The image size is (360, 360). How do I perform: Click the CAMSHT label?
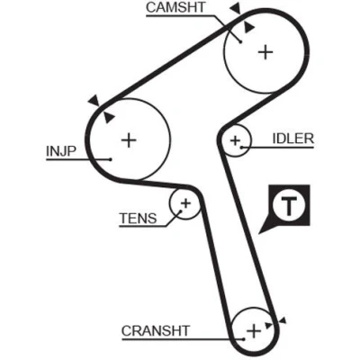(x=175, y=7)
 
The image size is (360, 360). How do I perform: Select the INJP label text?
(x=61, y=151)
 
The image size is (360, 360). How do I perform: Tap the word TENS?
(x=138, y=219)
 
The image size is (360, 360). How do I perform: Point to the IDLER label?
(x=293, y=139)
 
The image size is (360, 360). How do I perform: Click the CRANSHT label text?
(x=156, y=331)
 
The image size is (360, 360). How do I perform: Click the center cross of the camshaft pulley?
(x=265, y=52)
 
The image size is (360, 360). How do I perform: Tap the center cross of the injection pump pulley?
(x=129, y=139)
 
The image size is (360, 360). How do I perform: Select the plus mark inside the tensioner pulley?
(x=185, y=203)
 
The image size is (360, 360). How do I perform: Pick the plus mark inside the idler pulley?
(x=236, y=140)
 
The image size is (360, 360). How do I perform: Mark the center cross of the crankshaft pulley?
(x=254, y=331)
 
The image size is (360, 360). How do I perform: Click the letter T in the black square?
(x=289, y=206)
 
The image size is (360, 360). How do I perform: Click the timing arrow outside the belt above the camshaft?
(x=236, y=9)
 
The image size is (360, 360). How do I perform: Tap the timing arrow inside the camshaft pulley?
(x=248, y=27)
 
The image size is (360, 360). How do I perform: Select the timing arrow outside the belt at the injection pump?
(x=94, y=100)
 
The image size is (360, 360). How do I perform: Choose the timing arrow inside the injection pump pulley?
(x=109, y=117)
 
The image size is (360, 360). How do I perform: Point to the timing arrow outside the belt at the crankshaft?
(x=283, y=321)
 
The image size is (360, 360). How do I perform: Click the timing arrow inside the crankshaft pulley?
(x=268, y=325)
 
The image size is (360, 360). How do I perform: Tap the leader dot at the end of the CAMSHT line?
(x=240, y=42)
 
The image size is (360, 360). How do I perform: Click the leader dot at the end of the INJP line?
(x=111, y=159)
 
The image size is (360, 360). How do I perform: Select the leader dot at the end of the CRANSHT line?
(x=244, y=339)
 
